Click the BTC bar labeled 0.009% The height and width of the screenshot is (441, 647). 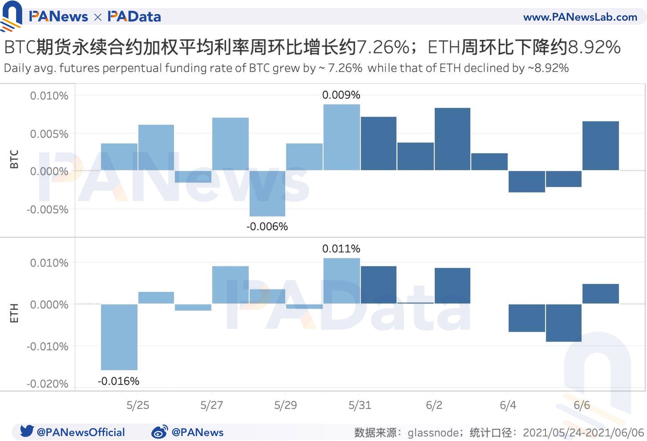click(x=342, y=137)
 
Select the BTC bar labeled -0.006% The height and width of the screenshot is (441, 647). click(x=267, y=193)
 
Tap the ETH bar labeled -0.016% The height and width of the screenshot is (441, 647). click(x=119, y=337)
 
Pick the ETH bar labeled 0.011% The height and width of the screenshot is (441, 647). click(x=342, y=281)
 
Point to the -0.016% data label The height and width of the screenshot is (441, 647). click(x=119, y=381)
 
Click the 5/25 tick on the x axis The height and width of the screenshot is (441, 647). click(x=138, y=405)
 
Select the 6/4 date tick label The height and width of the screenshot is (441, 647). click(x=508, y=405)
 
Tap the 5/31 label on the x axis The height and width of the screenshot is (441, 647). click(x=360, y=405)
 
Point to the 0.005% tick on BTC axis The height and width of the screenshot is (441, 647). click(x=49, y=134)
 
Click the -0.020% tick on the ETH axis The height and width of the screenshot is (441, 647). click(x=47, y=384)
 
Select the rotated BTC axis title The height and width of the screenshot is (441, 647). click(x=14, y=159)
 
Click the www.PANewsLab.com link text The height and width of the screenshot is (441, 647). click(x=580, y=17)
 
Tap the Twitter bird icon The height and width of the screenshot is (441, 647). click(x=27, y=431)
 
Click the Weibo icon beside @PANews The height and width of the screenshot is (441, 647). click(x=160, y=432)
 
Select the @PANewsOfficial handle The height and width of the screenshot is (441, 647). click(x=81, y=432)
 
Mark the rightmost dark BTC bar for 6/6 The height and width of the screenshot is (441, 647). click(x=600, y=146)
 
